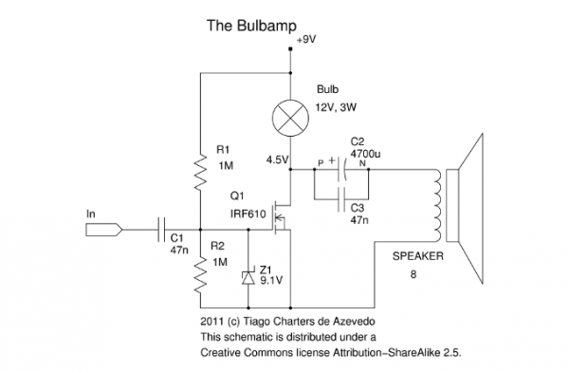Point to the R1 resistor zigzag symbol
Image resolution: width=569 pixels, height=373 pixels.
(200, 171)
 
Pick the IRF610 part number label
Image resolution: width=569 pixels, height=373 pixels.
(247, 215)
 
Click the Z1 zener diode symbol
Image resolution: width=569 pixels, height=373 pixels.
(248, 276)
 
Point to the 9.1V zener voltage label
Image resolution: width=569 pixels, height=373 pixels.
(270, 281)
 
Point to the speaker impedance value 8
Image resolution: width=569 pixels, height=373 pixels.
(413, 274)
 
